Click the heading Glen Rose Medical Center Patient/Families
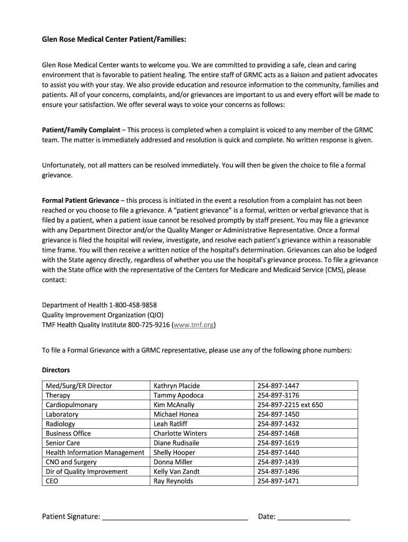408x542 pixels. pos(114,39)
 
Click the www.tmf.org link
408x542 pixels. pos(193,324)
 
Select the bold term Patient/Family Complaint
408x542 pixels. pos(81,130)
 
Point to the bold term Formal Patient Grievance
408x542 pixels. pos(81,201)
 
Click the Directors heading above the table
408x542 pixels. pos(56,370)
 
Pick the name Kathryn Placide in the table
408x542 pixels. pos(176,386)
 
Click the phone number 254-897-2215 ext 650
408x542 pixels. pos(290,405)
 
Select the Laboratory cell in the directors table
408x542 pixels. pos(62,414)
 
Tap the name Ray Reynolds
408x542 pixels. pos(173,481)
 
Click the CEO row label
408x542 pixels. pos(52,481)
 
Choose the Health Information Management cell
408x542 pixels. pos(95,453)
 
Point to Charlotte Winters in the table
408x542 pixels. pos(180,433)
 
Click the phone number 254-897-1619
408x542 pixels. pos(278,443)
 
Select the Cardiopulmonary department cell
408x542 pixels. pos(72,405)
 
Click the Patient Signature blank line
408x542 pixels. pos(175,517)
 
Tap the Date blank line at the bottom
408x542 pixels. pos(314,517)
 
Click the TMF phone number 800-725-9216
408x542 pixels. pos(148,324)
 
